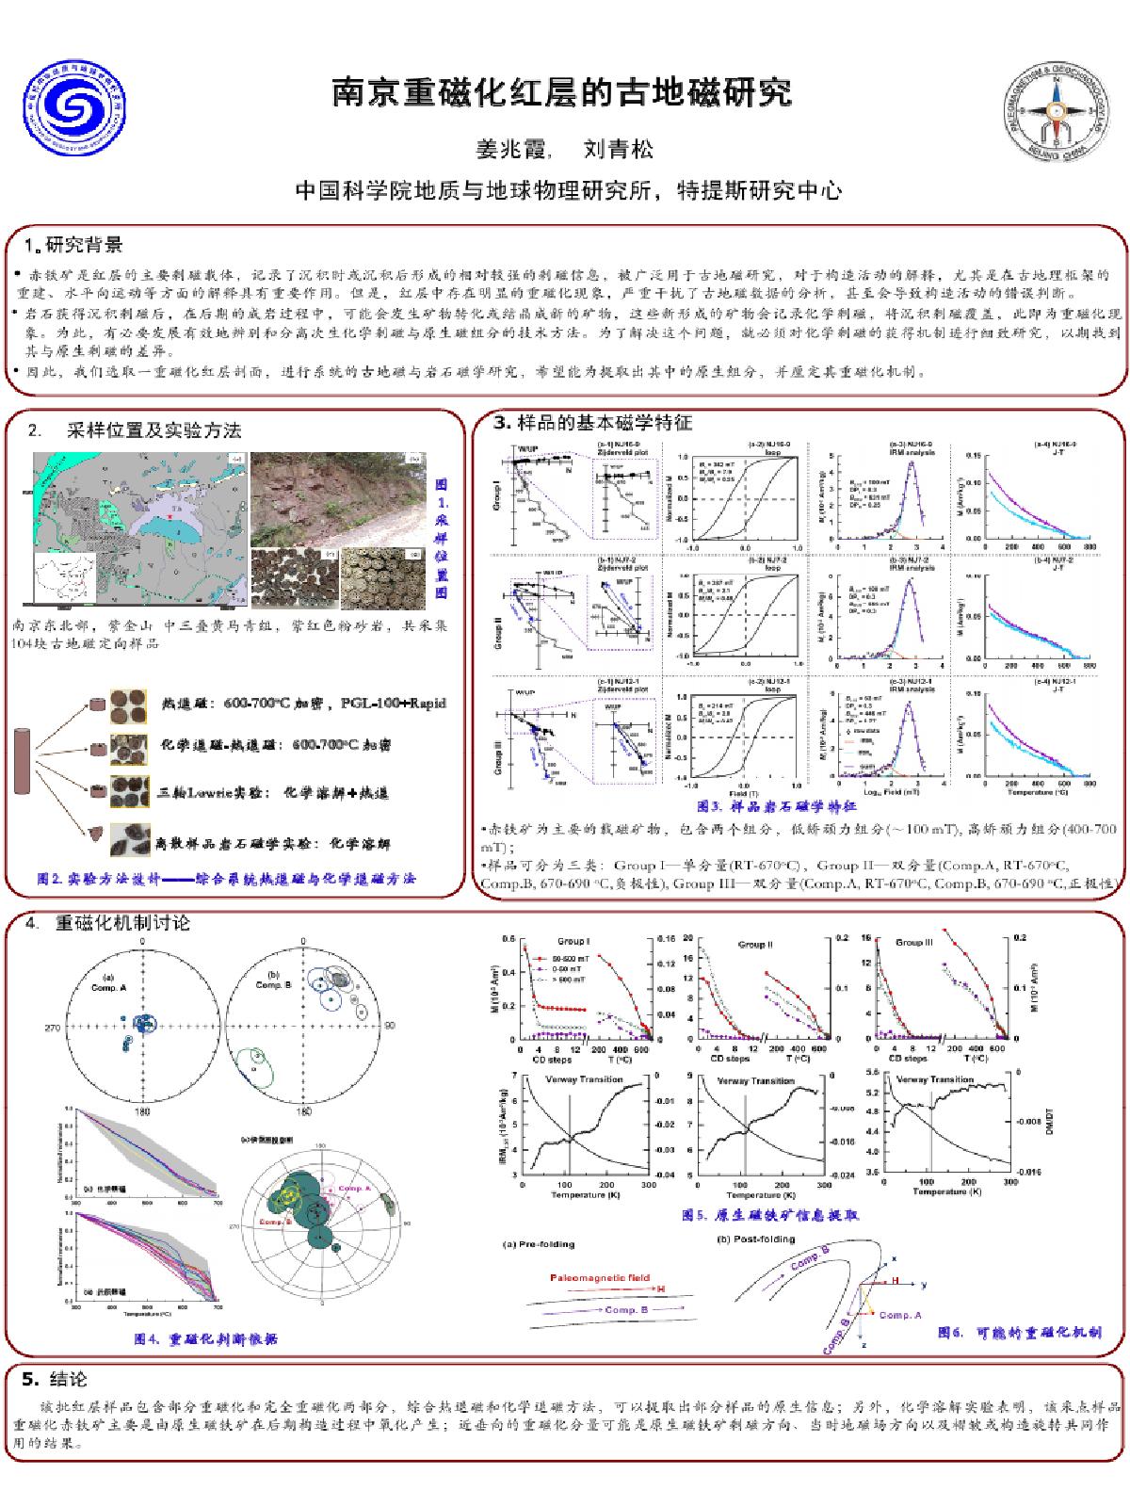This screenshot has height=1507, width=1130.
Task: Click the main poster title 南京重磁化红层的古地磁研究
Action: pos(562,93)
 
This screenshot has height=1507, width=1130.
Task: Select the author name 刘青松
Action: pos(618,150)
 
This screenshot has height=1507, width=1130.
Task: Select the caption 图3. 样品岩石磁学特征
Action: pos(777,806)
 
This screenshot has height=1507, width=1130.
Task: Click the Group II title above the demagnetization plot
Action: pos(755,943)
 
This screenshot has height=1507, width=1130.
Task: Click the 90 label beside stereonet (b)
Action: pos(390,1026)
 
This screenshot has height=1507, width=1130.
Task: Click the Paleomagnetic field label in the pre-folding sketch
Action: pos(600,1278)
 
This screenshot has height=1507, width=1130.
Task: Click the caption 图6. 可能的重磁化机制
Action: pos(1019,1333)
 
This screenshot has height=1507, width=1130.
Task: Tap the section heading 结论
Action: pos(67,1380)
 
